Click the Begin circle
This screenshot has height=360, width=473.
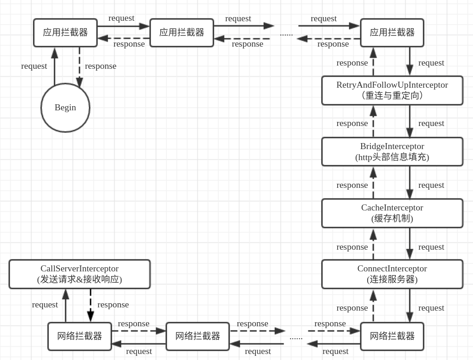(65, 108)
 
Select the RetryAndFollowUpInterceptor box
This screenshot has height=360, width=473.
(392, 90)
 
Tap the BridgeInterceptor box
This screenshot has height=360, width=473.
(392, 151)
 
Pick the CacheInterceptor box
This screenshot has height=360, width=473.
(392, 213)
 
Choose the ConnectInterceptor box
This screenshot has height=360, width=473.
(392, 274)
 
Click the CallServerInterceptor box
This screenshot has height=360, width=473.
(79, 274)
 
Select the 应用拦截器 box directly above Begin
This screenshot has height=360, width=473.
(65, 33)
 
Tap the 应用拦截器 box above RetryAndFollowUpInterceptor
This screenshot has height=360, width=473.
(392, 33)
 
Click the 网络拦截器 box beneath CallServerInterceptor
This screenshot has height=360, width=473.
(79, 336)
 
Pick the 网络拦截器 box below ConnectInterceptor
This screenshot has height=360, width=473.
(392, 336)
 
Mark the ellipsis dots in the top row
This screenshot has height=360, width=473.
(286, 34)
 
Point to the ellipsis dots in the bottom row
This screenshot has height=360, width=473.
(296, 337)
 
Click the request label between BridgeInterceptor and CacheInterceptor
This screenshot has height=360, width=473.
(431, 185)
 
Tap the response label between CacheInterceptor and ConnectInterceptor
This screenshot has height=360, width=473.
(352, 247)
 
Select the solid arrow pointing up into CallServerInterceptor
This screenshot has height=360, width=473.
(66, 305)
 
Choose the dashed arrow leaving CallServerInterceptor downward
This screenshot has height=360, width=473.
(91, 305)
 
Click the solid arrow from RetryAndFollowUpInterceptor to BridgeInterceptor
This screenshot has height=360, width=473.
(410, 121)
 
